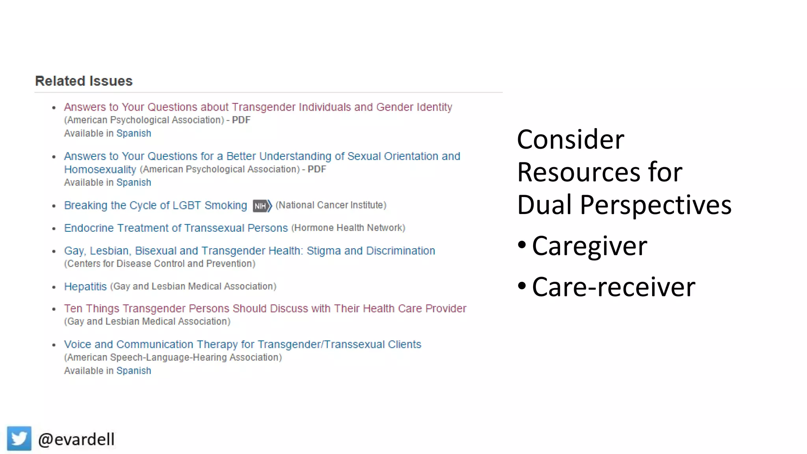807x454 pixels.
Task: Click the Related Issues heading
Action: pyautogui.click(x=84, y=81)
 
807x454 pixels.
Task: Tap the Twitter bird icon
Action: pyautogui.click(x=19, y=438)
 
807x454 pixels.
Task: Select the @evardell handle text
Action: pyautogui.click(x=76, y=439)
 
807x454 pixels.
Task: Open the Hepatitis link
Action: pyautogui.click(x=85, y=287)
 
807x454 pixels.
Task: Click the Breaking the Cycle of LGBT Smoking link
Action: pyautogui.click(x=155, y=205)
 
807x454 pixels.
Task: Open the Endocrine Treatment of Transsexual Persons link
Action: pyautogui.click(x=176, y=228)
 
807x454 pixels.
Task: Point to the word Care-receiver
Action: pyautogui.click(x=613, y=287)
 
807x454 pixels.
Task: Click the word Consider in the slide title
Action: pyautogui.click(x=570, y=140)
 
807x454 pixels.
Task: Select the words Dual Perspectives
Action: pyautogui.click(x=624, y=205)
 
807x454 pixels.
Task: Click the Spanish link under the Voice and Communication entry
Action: pyautogui.click(x=134, y=371)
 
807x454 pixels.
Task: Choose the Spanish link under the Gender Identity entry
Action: pyautogui.click(x=134, y=134)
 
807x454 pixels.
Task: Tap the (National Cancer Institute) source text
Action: pyautogui.click(x=331, y=205)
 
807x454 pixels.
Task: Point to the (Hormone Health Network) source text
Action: pyautogui.click(x=348, y=228)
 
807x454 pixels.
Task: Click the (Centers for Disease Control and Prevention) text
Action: pyautogui.click(x=160, y=264)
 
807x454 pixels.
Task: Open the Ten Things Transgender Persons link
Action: pyautogui.click(x=265, y=309)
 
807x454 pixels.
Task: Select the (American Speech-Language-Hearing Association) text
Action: pyautogui.click(x=173, y=357)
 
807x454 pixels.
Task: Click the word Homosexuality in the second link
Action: pyautogui.click(x=100, y=169)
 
